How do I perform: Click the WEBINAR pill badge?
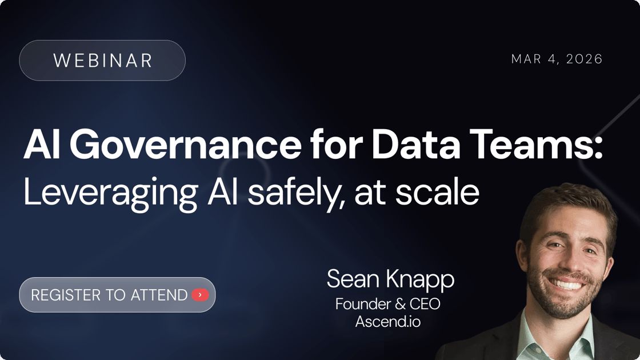(x=102, y=61)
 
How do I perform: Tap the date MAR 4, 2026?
(x=557, y=59)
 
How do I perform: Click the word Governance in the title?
(x=185, y=147)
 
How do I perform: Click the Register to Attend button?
(x=117, y=295)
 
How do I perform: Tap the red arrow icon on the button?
(x=200, y=295)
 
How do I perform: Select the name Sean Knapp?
(x=390, y=279)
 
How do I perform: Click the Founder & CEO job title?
(x=388, y=304)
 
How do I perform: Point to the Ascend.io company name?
(x=388, y=322)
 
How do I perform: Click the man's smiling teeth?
(x=567, y=284)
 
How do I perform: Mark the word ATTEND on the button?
(x=159, y=295)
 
